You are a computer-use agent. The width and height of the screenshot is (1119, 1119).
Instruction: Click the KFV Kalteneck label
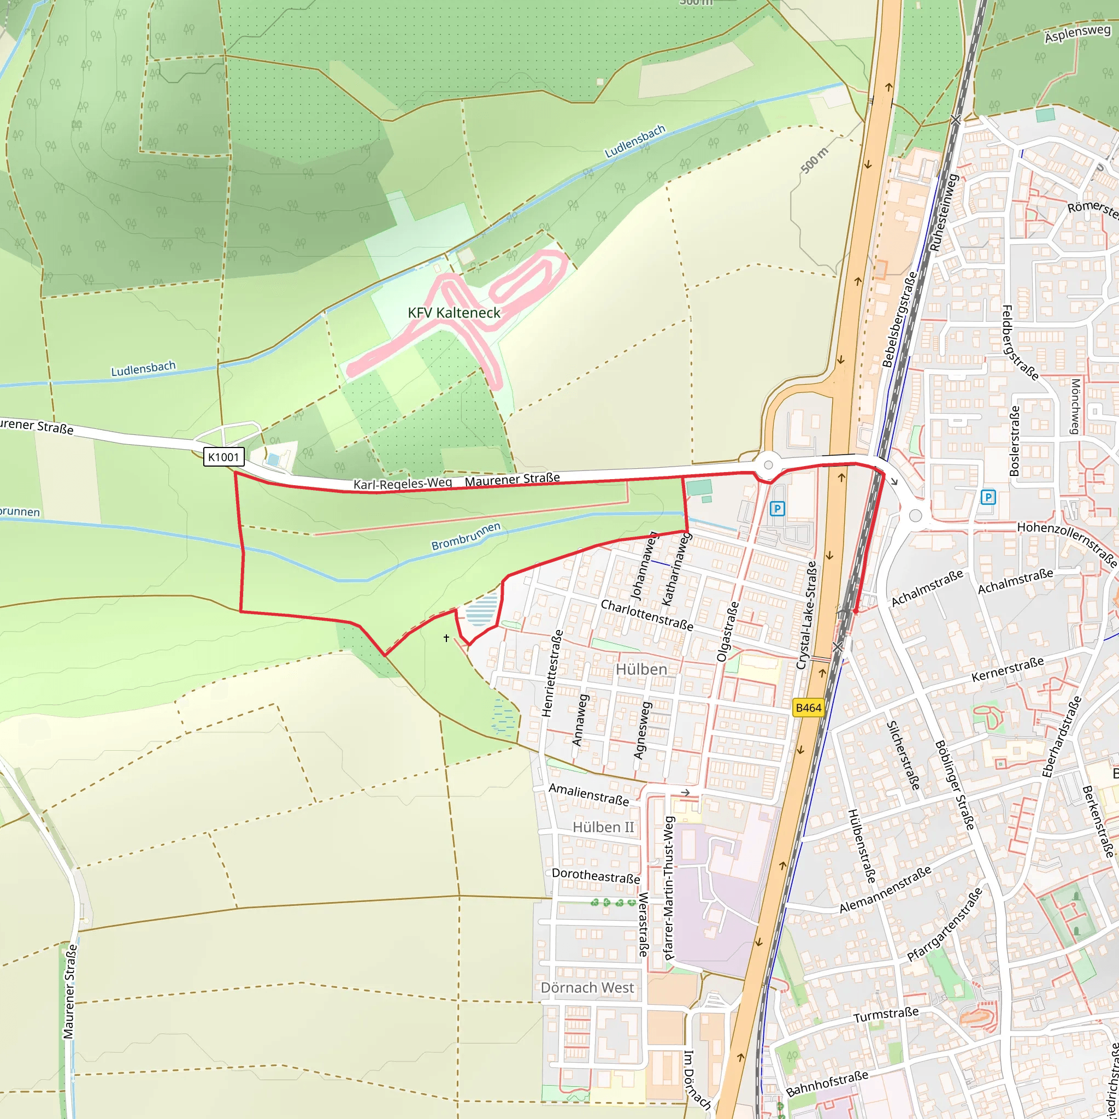pyautogui.click(x=454, y=313)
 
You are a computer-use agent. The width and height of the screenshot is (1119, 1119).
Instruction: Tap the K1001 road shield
pyautogui.click(x=223, y=457)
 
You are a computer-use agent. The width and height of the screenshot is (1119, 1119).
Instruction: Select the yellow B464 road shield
pyautogui.click(x=808, y=707)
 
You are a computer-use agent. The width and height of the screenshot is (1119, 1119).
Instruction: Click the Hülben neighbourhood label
pyautogui.click(x=640, y=669)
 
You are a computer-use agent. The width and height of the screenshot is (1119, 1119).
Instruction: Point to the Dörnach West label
pyautogui.click(x=587, y=987)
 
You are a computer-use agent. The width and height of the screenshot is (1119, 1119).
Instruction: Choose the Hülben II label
pyautogui.click(x=603, y=827)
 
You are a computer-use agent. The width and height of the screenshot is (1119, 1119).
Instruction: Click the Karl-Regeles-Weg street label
pyautogui.click(x=403, y=484)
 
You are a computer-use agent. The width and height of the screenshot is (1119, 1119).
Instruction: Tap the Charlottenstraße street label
pyautogui.click(x=646, y=615)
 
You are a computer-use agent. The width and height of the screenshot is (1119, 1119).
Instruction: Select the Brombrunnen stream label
pyautogui.click(x=466, y=537)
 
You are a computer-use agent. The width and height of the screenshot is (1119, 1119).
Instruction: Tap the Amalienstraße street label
pyautogui.click(x=588, y=794)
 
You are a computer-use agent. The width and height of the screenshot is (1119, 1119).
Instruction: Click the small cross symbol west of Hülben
pyautogui.click(x=446, y=638)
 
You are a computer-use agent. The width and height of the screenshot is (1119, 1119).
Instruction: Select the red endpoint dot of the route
pyautogui.click(x=856, y=611)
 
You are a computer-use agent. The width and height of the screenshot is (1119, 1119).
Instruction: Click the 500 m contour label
pyautogui.click(x=814, y=160)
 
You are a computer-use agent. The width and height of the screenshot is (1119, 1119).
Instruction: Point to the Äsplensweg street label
pyautogui.click(x=1077, y=33)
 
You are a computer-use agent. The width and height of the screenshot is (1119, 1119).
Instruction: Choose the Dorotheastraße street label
pyautogui.click(x=596, y=876)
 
